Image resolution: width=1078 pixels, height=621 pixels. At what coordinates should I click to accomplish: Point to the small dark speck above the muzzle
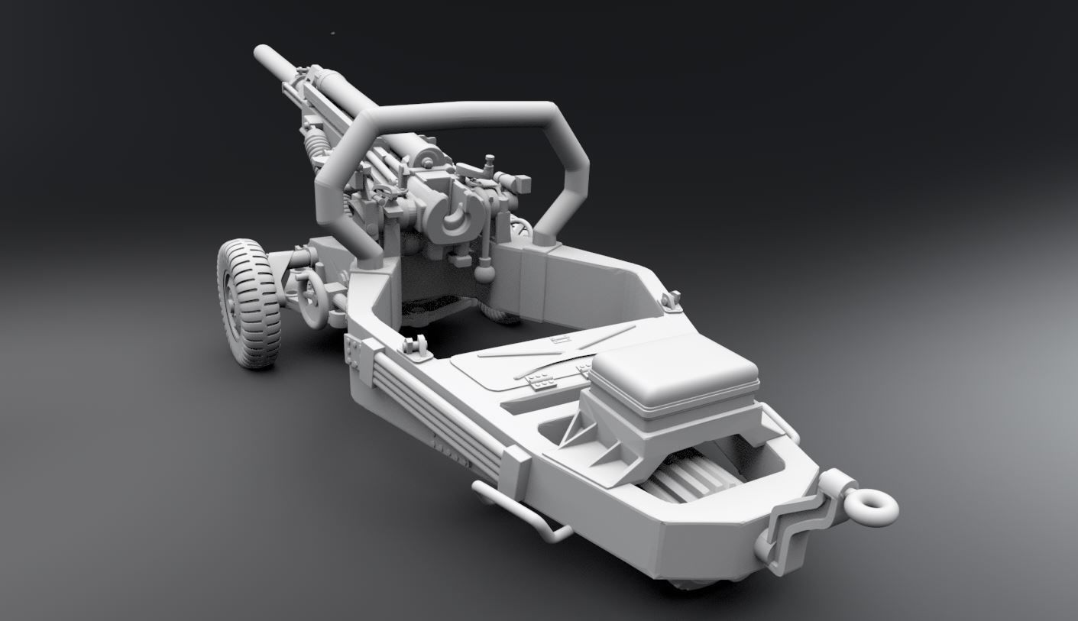click(332, 33)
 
